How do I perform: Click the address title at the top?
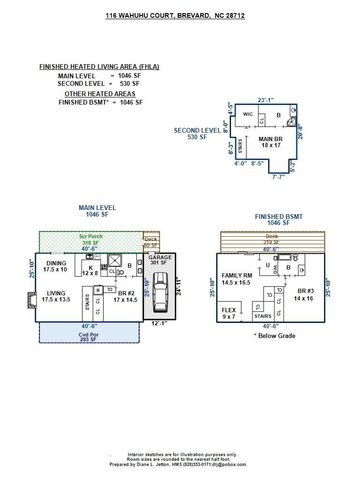click(x=181, y=16)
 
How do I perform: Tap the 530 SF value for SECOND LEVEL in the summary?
click(x=122, y=83)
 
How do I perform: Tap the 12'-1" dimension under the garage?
click(x=160, y=323)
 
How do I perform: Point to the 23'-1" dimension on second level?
click(x=238, y=99)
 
